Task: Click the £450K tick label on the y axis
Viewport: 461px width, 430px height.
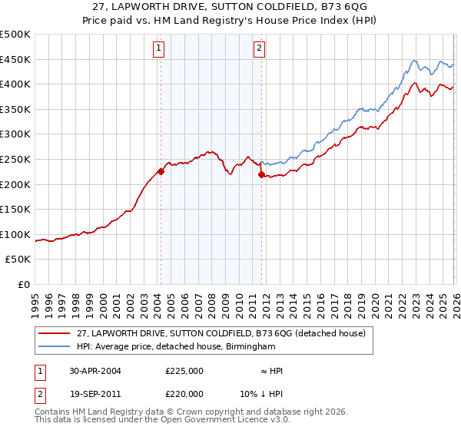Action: [15, 59]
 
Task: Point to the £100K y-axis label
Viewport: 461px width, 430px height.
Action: [15, 234]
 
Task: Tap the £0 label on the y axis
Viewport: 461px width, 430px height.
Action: [24, 284]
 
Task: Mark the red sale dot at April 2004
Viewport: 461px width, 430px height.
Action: [161, 172]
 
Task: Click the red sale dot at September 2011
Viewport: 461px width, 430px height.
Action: [261, 174]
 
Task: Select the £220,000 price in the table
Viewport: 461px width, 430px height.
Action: [184, 392]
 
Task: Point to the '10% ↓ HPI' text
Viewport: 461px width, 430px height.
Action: [261, 392]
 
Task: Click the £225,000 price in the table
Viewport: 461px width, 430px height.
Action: [184, 371]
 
